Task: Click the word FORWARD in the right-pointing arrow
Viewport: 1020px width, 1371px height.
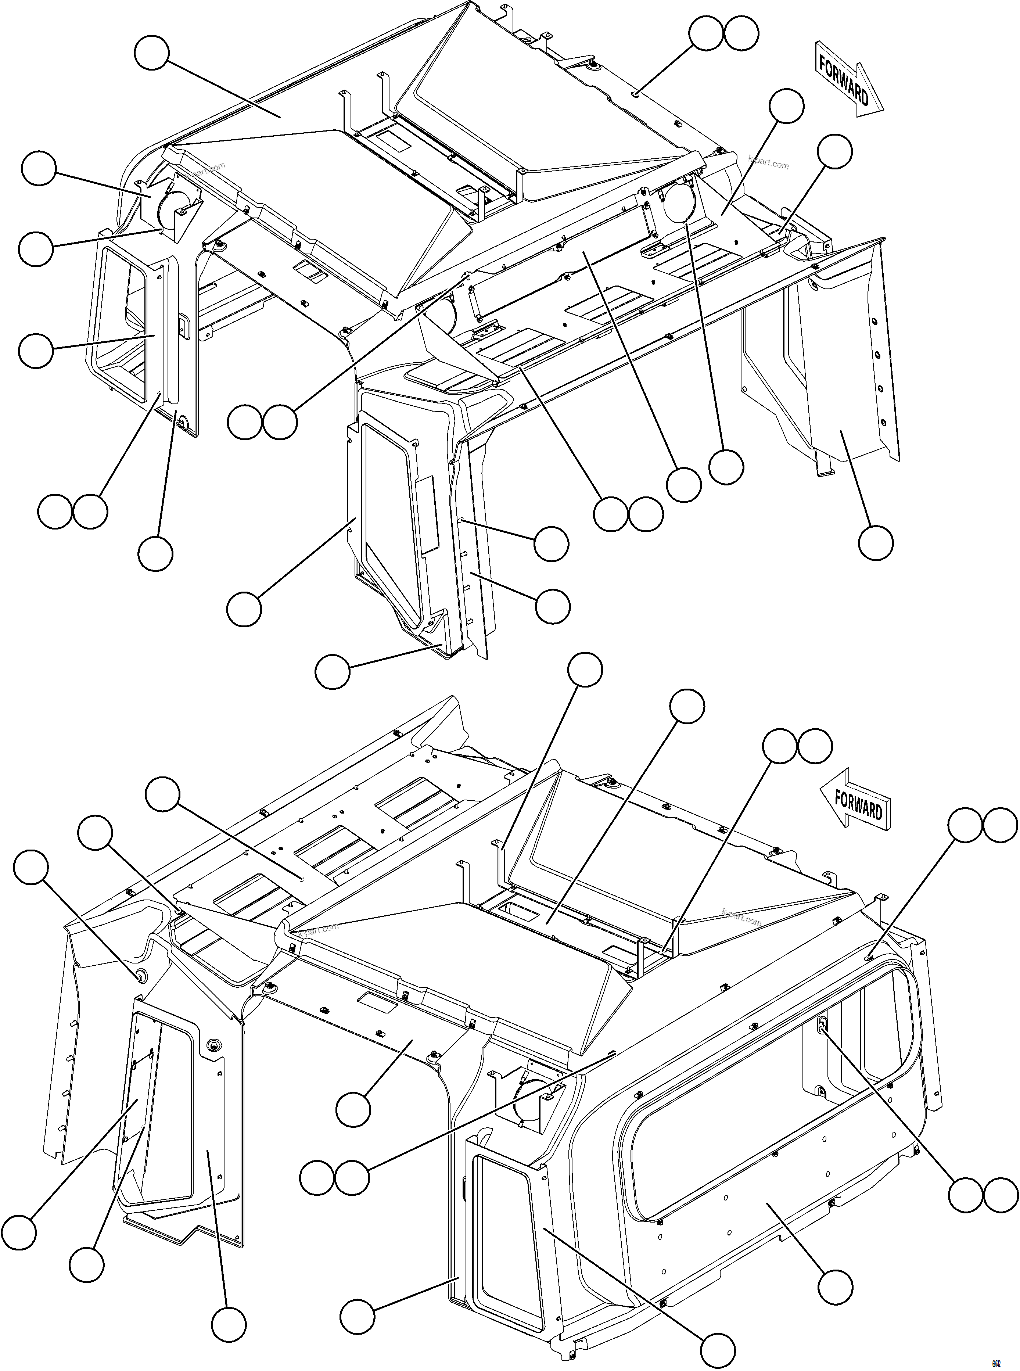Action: click(x=843, y=79)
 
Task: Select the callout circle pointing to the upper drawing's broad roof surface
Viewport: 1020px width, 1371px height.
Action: click(x=151, y=53)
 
